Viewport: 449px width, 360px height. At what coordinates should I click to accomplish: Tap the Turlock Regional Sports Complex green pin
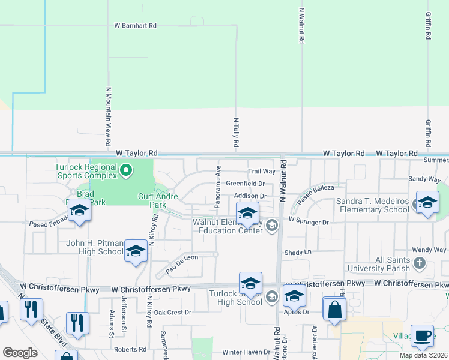pos(126,171)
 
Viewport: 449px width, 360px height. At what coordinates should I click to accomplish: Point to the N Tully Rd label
pos(236,133)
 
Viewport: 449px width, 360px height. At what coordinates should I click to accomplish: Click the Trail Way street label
pos(261,171)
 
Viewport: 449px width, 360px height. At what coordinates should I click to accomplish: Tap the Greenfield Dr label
pos(246,184)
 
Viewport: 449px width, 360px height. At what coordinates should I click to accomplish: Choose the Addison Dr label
pos(250,196)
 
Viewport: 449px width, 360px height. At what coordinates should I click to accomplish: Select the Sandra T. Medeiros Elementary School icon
pos(427,204)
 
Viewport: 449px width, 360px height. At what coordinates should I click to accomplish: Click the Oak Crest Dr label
pos(172,312)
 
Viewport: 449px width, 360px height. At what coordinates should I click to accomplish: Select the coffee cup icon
pos(423,337)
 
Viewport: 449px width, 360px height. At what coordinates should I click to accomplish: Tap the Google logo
pos(20,352)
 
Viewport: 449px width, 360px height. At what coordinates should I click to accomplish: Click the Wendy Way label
pos(429,250)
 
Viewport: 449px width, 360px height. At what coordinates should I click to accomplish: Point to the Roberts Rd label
pos(126,349)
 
